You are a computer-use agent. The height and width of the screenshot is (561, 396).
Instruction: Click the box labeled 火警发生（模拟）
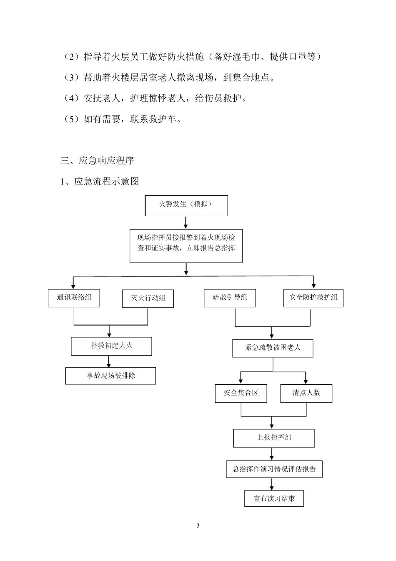point(186,205)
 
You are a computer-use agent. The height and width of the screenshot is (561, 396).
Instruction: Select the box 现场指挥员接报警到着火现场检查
point(186,245)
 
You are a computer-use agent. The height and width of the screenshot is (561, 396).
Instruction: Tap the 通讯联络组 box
point(74,298)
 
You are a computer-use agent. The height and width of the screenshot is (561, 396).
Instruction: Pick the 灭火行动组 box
point(148,298)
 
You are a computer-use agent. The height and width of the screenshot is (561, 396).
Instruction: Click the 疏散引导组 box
point(230,298)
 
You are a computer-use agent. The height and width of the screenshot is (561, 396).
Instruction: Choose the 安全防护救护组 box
point(313,298)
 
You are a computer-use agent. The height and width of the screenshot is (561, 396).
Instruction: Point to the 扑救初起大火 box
point(111,346)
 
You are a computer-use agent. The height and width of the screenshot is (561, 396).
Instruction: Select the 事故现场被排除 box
point(111,376)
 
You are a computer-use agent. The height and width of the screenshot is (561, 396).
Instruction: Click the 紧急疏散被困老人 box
point(273,348)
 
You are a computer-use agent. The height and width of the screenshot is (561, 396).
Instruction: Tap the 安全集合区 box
point(241,393)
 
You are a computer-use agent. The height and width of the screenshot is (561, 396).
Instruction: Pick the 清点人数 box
point(306,393)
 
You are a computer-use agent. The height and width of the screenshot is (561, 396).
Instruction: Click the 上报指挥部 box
point(274,438)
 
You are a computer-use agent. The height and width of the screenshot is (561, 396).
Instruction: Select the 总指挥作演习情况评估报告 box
point(274,469)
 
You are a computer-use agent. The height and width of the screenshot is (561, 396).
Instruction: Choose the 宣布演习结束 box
point(274,499)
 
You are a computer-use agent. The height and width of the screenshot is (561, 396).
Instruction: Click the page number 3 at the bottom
point(198,526)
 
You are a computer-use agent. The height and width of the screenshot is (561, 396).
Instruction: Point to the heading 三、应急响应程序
point(98,161)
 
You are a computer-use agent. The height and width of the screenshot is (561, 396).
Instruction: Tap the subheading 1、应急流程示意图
point(100,182)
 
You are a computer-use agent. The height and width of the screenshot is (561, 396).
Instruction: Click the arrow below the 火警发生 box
point(186,222)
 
